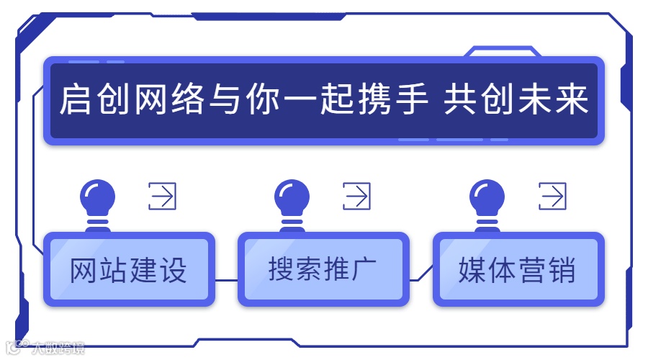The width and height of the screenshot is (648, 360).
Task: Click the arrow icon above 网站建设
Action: [163, 196]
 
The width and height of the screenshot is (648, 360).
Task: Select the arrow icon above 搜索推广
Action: [357, 196]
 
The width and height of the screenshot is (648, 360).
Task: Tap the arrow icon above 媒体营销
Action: [552, 196]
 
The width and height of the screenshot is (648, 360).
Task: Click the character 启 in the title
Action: [76, 101]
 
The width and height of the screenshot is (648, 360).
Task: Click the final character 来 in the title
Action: [572, 101]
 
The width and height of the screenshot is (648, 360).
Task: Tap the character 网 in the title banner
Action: [150, 101]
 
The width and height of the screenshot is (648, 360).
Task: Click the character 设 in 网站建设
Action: [172, 270]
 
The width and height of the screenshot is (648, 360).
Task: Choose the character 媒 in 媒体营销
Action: [472, 270]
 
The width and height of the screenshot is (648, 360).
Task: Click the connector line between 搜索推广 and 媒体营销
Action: [421, 277]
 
